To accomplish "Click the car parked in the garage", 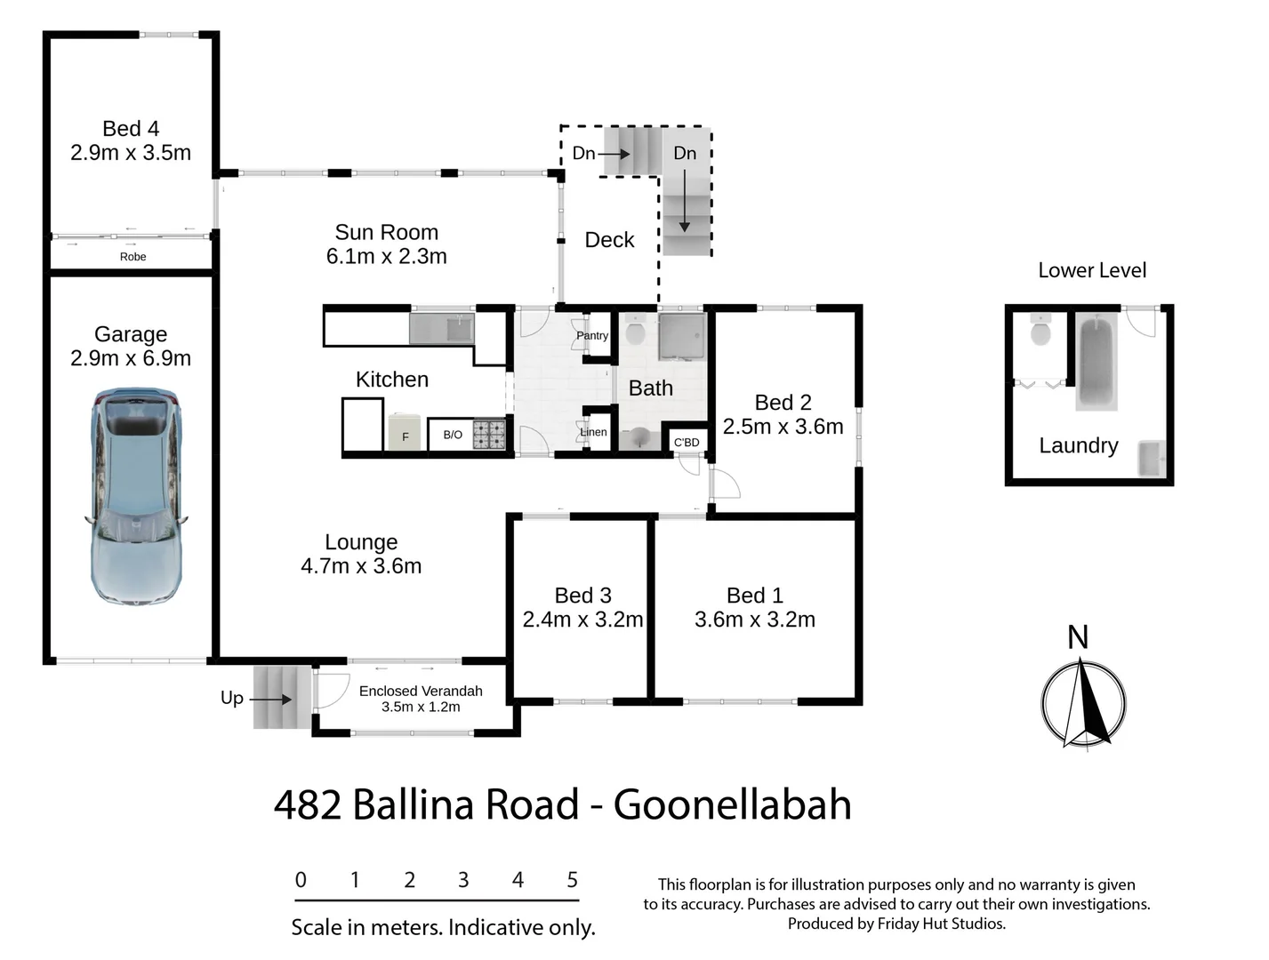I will click(x=137, y=497).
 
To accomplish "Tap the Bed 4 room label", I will click(x=131, y=130).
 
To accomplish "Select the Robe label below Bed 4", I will click(x=133, y=257).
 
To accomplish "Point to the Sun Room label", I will click(x=386, y=233).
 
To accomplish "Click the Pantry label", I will click(x=592, y=336).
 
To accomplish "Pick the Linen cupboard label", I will click(x=593, y=433).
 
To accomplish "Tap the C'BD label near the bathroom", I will click(x=687, y=443).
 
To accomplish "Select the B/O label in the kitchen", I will click(x=453, y=435).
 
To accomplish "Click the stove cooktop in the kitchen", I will click(x=488, y=434).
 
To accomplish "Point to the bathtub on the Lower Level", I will click(x=1096, y=361).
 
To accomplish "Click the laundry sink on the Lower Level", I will click(x=1152, y=458).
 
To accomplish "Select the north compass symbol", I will click(x=1083, y=701).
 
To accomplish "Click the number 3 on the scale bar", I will click(x=463, y=880).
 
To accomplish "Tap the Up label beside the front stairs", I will click(x=232, y=698).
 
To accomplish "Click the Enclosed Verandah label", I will click(x=421, y=691).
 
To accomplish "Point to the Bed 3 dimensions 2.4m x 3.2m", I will click(x=582, y=620).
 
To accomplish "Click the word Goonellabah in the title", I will click(x=732, y=805).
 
